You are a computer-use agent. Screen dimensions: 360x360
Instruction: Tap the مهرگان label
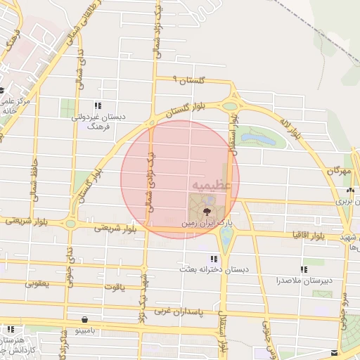(338, 171)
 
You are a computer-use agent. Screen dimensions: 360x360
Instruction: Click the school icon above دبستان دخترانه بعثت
(214, 259)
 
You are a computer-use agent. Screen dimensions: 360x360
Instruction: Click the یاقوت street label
(112, 287)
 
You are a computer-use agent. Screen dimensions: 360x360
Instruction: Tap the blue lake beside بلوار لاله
(265, 139)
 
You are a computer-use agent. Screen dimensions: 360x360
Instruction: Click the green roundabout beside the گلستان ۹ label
(229, 107)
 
